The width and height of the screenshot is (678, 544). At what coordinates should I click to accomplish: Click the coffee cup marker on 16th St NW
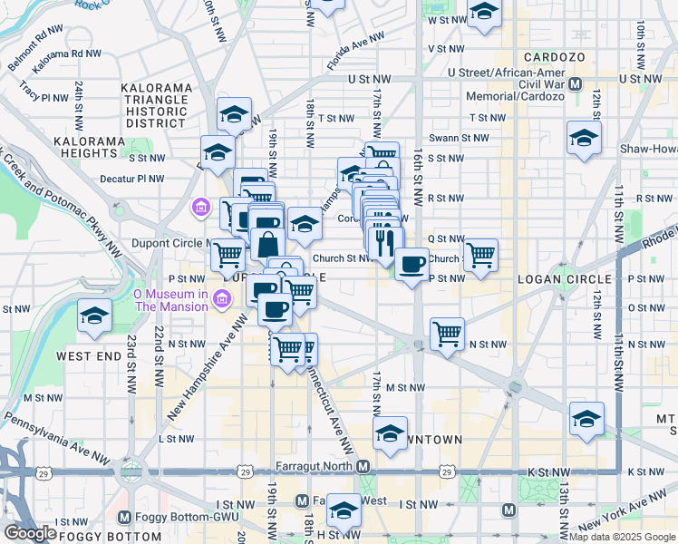pos(412,264)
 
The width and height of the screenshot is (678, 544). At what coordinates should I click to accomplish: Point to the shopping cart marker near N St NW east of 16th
pos(447,334)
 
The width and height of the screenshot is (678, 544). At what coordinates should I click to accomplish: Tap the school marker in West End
pos(93,316)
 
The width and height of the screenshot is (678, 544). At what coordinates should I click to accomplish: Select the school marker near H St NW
pos(344,511)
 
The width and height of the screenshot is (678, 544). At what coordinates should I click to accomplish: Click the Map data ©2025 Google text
pos(621,536)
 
